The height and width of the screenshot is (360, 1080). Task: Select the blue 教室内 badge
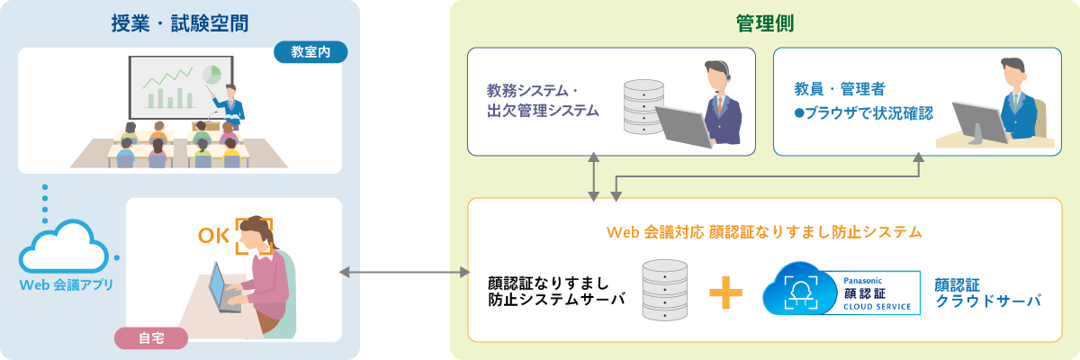pos(310,52)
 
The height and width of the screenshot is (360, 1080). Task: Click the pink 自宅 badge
pos(151,338)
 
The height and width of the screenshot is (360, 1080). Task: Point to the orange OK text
pos(214,237)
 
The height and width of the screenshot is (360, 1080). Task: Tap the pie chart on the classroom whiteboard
pos(212,73)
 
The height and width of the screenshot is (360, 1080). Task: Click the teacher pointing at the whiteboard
pos(231,103)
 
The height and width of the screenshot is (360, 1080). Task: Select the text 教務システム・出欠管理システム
pos(542,101)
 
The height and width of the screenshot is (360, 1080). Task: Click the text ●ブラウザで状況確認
pos(862,114)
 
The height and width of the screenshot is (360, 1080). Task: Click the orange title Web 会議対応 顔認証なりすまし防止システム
pos(764,232)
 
